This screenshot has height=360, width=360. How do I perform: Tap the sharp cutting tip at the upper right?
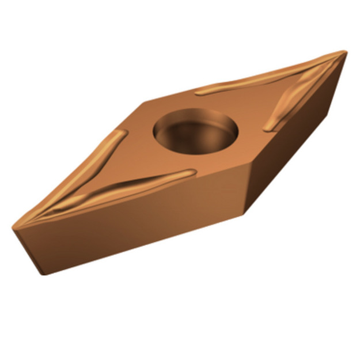coord(344,52)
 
